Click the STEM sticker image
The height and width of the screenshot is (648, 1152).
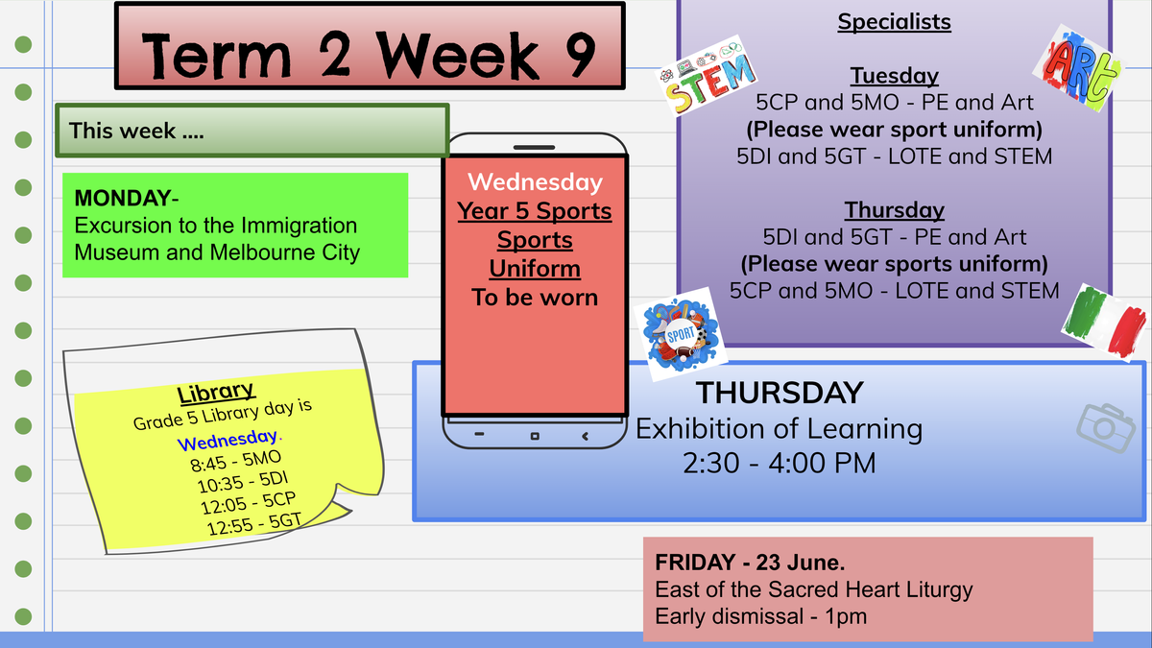pos(708,76)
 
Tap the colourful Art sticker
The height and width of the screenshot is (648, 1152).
pos(1079,69)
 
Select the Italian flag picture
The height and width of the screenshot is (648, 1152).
pos(1104,322)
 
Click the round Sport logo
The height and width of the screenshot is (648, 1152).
pos(681,335)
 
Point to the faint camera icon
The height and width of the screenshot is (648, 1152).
pos(1105,428)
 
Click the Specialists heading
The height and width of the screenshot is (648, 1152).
pos(895,22)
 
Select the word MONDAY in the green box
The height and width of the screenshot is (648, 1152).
pos(123,198)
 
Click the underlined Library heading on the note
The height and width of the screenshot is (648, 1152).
pos(216,393)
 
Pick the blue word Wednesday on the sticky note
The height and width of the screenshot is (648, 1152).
pos(228,440)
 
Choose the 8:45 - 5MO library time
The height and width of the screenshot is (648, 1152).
pos(236,461)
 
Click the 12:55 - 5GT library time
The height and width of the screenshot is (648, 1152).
pos(254,523)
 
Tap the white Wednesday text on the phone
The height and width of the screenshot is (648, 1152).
pos(535,182)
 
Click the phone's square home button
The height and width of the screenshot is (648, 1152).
pos(535,436)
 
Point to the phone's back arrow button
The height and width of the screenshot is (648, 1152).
pos(585,436)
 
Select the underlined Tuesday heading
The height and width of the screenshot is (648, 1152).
pos(895,76)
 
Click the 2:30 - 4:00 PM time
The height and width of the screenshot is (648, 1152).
pos(780,463)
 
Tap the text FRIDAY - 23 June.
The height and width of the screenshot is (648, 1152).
pos(750,563)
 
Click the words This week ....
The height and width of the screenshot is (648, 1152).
pos(123,131)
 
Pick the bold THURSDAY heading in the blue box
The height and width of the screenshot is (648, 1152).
pos(780,393)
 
